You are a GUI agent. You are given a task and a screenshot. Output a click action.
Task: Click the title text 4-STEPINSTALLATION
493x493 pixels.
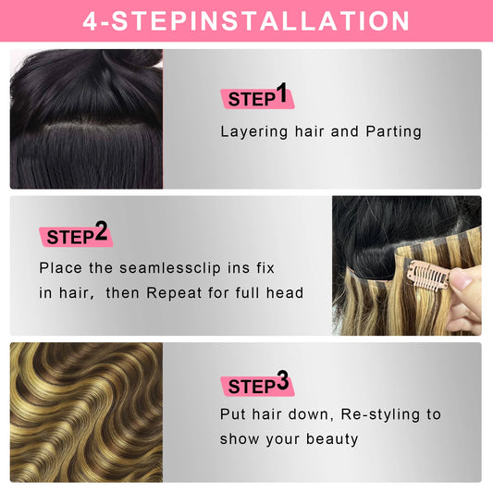[x=246, y=21]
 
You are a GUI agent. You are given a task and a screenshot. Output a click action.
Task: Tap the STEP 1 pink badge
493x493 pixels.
[x=257, y=99]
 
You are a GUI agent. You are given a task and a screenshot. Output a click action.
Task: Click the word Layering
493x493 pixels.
[x=254, y=132]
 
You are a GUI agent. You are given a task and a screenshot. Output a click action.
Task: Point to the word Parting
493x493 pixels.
[x=394, y=132]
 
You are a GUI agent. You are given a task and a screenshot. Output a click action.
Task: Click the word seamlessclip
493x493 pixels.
[x=170, y=268]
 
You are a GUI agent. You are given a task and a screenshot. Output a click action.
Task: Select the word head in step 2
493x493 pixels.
[x=285, y=292]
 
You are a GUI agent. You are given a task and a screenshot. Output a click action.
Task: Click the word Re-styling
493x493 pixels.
[x=380, y=415]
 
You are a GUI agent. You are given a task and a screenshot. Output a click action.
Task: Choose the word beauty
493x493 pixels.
[x=332, y=439]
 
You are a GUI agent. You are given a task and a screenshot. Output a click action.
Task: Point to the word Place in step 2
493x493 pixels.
[x=60, y=268]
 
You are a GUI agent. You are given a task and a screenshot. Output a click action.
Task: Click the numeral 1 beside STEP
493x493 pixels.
[x=282, y=92]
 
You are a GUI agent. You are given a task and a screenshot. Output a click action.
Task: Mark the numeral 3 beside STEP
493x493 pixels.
[x=282, y=380]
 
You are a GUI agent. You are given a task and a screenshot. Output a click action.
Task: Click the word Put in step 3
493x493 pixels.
[x=233, y=414]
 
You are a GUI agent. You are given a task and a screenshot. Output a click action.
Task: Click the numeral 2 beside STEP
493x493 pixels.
[x=101, y=231]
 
